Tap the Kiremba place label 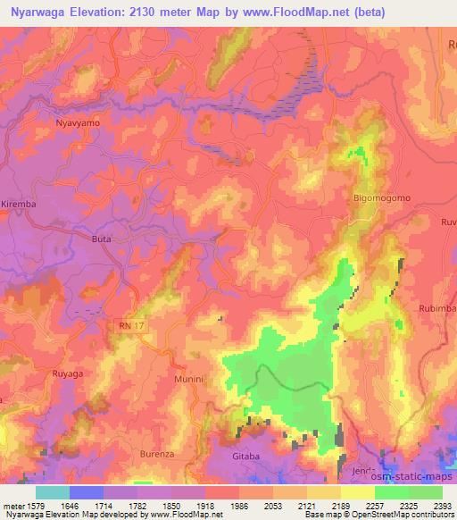click(18, 205)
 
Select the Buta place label click(103, 239)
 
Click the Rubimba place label click(437, 308)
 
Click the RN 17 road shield click(131, 328)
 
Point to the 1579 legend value click(33, 506)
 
